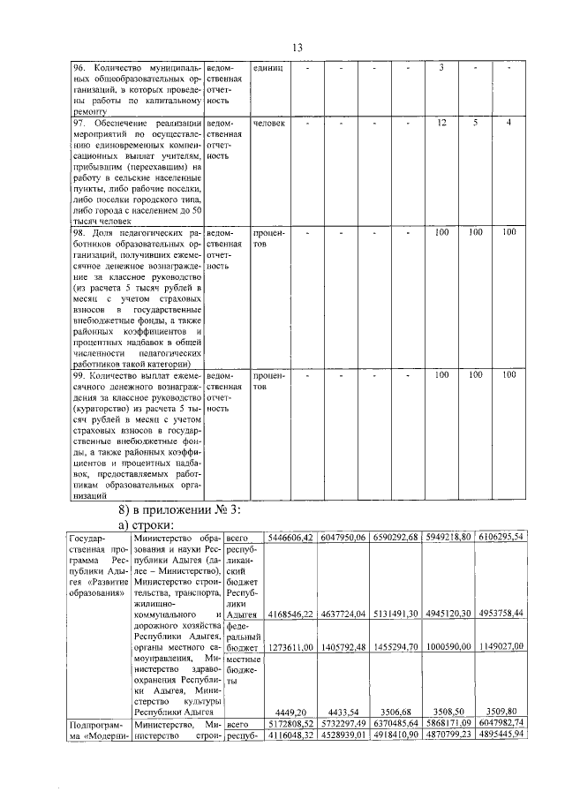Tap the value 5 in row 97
pos(475,123)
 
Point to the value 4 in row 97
pos(509,123)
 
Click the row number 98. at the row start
pos(77,232)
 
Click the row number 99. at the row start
pos(77,375)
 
